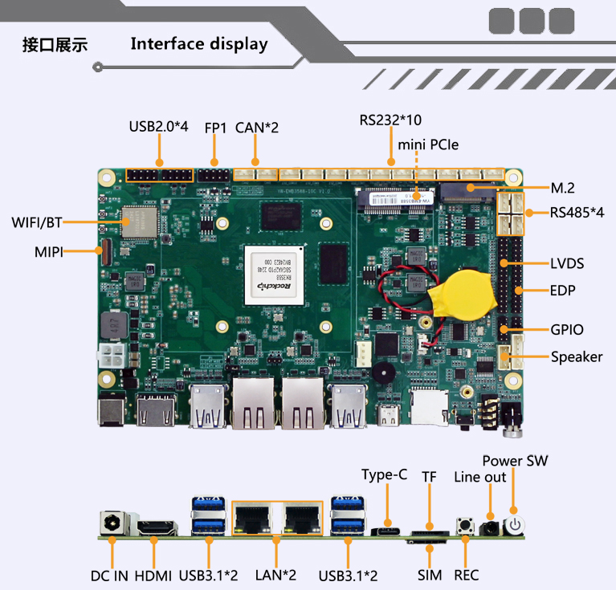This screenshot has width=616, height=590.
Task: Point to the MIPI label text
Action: click(x=49, y=251)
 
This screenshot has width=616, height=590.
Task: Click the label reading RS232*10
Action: click(x=390, y=120)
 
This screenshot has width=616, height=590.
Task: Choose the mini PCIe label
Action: click(x=429, y=144)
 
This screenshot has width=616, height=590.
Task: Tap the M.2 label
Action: click(x=563, y=189)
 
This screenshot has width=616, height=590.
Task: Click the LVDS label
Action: click(x=567, y=263)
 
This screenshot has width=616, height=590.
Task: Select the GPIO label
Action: click(x=567, y=329)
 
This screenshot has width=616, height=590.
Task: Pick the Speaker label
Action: click(x=576, y=356)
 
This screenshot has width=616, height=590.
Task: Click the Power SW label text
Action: click(x=515, y=461)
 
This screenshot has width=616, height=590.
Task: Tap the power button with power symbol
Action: click(x=514, y=527)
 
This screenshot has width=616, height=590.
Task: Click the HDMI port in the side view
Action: click(x=156, y=527)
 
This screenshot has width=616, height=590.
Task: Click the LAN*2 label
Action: click(x=276, y=576)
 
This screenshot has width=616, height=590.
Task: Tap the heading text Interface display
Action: click(x=199, y=43)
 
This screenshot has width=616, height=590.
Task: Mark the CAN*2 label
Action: click(x=257, y=127)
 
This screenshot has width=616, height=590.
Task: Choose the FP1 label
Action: click(x=215, y=127)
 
